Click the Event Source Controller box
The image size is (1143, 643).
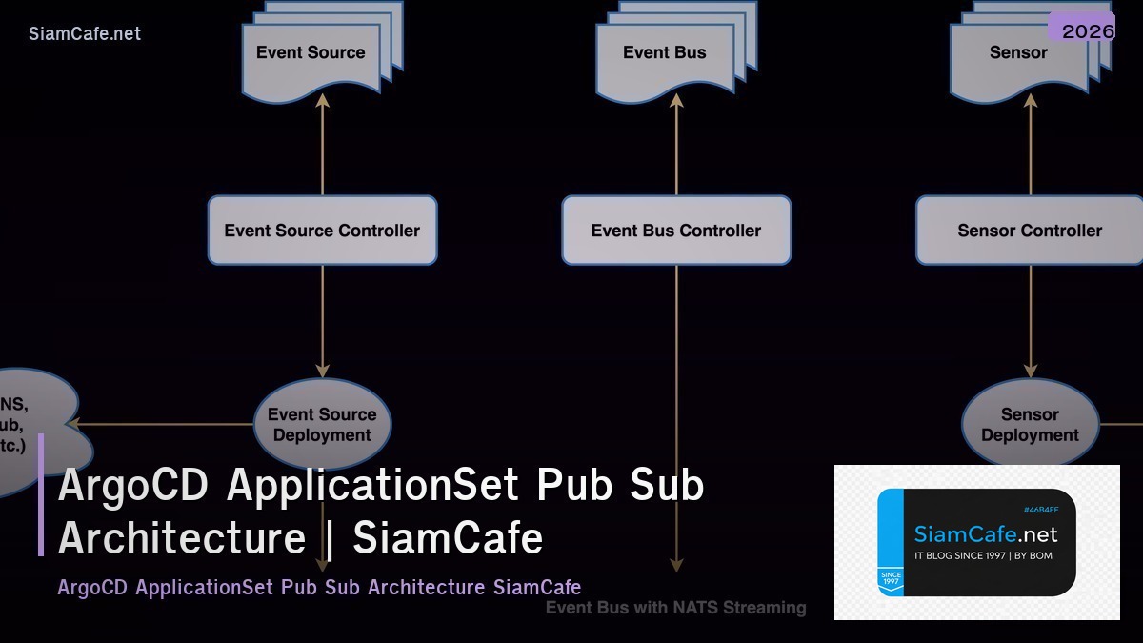[x=322, y=231]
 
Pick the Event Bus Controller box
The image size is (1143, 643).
[x=676, y=231]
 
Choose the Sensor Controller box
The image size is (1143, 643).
[x=1030, y=231]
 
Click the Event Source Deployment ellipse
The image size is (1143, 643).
[x=322, y=425]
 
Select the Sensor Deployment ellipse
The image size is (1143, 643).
[x=1030, y=425]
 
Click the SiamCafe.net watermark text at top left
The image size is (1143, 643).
[x=85, y=33]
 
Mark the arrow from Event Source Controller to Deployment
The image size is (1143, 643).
[x=322, y=319]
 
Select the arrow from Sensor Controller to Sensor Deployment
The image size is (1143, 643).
[x=1030, y=319]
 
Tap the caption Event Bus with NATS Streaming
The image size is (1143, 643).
[x=675, y=608]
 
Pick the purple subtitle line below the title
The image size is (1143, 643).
[x=319, y=587]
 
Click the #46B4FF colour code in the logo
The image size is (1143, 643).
[x=1040, y=510]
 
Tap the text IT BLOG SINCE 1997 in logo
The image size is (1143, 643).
[x=956, y=555]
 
